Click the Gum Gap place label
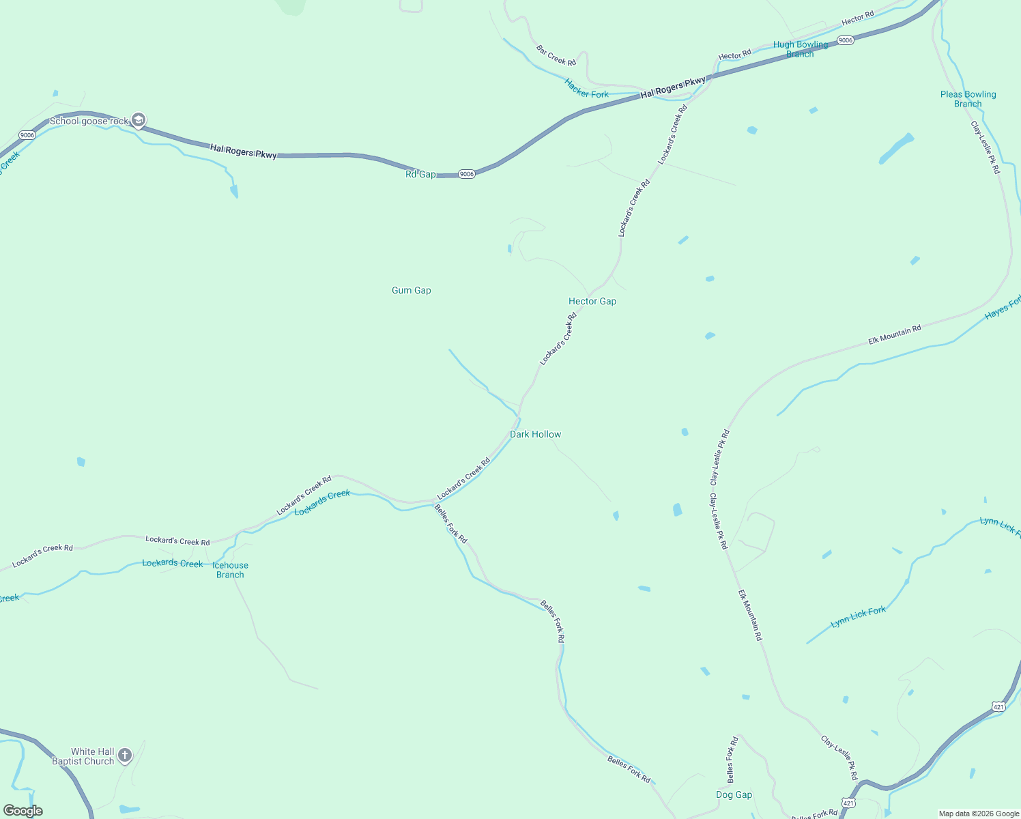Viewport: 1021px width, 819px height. coord(411,290)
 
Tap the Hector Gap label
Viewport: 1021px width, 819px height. coord(592,301)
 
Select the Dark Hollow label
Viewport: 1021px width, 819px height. coord(535,434)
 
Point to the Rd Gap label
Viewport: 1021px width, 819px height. coord(420,174)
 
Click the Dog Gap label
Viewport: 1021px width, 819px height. coord(734,794)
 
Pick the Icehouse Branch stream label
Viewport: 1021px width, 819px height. coord(230,570)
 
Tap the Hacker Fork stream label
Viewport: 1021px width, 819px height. coord(586,89)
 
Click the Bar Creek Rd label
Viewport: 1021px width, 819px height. coord(556,56)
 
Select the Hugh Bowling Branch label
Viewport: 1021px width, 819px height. coord(800,49)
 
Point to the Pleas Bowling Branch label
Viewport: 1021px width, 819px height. coord(968,99)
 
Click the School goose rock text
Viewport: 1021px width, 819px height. coord(89,121)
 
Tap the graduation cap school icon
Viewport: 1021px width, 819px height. coord(139,121)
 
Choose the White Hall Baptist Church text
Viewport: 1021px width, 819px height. coord(83,756)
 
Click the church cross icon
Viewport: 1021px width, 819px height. coord(124,756)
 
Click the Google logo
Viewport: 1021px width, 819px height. coord(23,811)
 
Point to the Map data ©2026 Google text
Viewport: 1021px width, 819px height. coord(978,814)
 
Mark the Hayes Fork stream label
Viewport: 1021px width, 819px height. coord(1003,306)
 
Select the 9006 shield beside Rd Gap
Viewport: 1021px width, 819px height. coord(466,174)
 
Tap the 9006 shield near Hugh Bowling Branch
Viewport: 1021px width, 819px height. coord(845,40)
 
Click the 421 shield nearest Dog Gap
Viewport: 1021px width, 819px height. coord(848,803)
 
